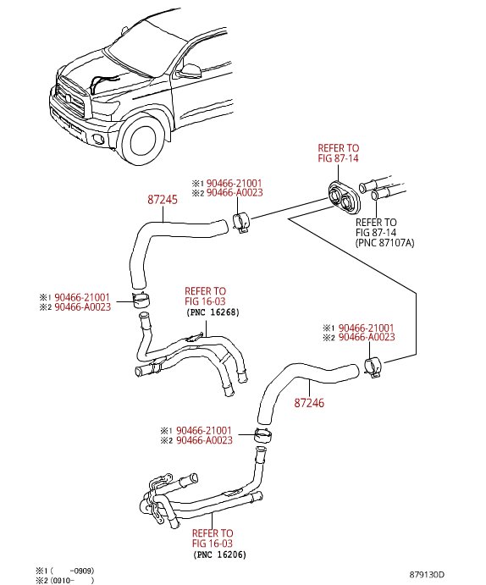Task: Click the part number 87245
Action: point(163,200)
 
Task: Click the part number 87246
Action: point(309,403)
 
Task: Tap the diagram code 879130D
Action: point(427,575)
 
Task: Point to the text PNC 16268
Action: point(213,312)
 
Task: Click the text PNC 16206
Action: point(220,555)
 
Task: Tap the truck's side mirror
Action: point(191,71)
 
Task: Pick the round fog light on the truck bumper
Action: point(99,139)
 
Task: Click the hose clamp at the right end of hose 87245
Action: point(240,223)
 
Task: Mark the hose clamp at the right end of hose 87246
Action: point(373,367)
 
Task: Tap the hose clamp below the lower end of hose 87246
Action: point(263,435)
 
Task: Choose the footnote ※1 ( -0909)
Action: point(65,571)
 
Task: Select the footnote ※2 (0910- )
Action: point(65,580)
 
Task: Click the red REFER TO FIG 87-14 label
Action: point(338,153)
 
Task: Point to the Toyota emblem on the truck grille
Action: point(69,98)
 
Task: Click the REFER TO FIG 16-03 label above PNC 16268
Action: point(205,296)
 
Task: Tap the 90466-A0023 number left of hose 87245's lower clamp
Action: point(83,307)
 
